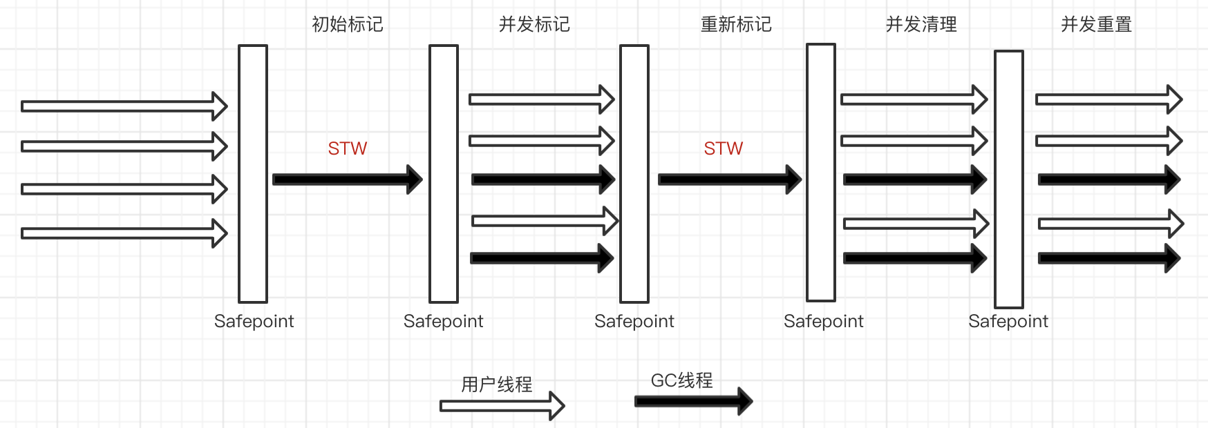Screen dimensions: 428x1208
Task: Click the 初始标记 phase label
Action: (348, 25)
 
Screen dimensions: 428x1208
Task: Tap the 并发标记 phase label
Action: (534, 25)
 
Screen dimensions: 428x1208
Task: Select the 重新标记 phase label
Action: (736, 25)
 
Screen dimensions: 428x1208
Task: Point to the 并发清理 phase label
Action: (921, 25)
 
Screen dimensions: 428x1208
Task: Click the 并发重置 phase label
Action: (1096, 25)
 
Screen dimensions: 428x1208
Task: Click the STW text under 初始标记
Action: (348, 148)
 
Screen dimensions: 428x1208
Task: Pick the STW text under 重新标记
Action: (724, 148)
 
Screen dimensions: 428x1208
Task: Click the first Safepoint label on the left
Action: (254, 321)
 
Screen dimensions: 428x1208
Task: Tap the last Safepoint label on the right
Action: (1008, 321)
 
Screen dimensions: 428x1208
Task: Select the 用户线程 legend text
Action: (497, 384)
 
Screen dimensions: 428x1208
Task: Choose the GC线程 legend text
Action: (681, 380)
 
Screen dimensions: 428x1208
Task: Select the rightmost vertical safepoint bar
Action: (1009, 179)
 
